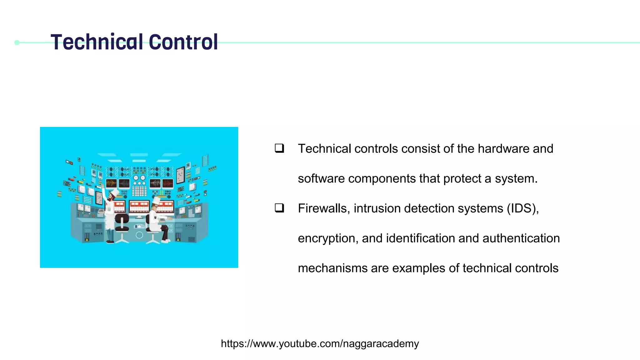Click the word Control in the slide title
point(183,42)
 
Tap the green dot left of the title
point(17,43)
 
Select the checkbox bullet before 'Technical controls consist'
point(279,148)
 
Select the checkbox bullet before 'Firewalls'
point(279,208)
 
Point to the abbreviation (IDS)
point(522,208)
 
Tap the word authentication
point(521,238)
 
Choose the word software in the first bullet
point(321,179)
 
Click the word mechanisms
point(332,268)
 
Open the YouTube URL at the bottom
point(320,344)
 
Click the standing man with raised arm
point(109,212)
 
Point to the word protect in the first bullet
point(462,179)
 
